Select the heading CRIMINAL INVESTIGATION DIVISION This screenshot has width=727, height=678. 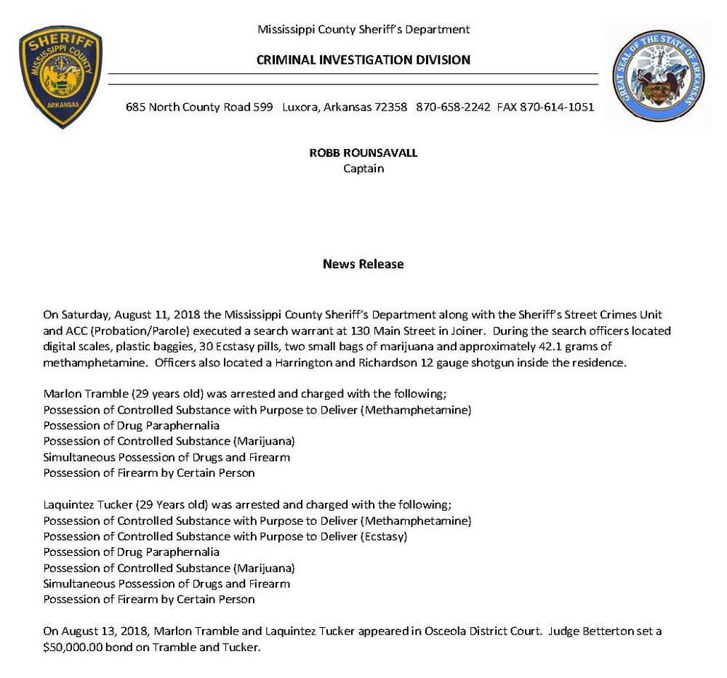click(x=363, y=60)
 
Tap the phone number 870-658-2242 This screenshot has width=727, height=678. click(x=452, y=107)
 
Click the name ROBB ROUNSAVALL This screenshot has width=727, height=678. click(x=363, y=153)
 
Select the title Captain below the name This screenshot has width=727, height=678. click(x=363, y=169)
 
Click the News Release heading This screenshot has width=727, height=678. click(x=363, y=264)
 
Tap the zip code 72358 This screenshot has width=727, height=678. click(x=390, y=107)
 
